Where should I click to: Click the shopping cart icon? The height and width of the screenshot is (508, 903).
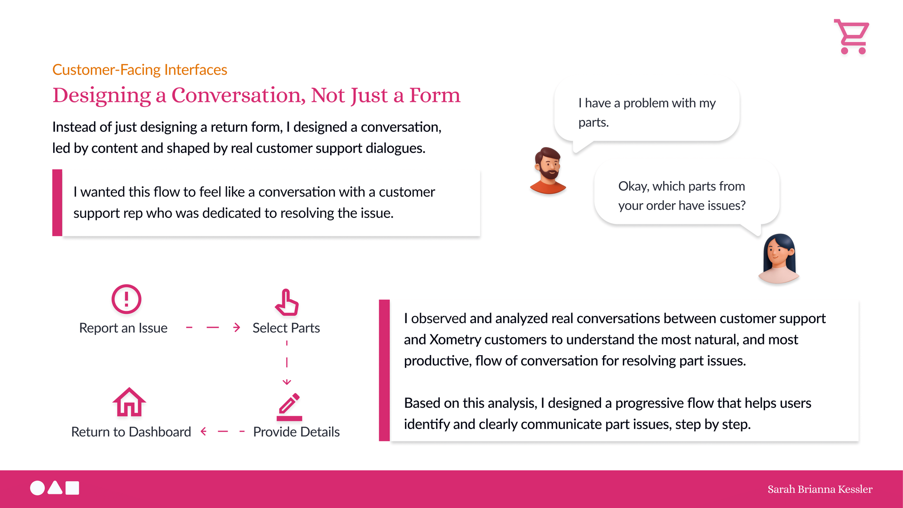point(852,37)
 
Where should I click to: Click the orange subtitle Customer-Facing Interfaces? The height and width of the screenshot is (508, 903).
point(140,70)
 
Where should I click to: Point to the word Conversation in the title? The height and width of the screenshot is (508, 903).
point(238,95)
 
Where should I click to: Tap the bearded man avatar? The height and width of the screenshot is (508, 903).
point(548,170)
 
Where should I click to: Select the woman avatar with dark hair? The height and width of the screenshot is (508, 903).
point(779,259)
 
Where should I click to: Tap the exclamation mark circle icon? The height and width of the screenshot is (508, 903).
point(127,299)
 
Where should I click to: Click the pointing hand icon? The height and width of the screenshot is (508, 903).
point(287,302)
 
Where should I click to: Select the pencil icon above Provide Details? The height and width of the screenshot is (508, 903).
point(289,407)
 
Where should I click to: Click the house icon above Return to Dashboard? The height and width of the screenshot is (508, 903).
point(129,402)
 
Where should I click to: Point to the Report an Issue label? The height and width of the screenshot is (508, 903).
point(123,328)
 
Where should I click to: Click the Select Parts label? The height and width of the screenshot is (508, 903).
point(286,328)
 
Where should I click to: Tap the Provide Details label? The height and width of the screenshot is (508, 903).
point(296,432)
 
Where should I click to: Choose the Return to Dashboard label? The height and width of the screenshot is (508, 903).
point(131,432)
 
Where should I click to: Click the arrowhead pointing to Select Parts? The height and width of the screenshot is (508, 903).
point(237,327)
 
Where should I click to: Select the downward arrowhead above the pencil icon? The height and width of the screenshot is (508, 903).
point(287,382)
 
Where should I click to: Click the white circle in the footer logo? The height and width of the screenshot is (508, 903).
point(38,488)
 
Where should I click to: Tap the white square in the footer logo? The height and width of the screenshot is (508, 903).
point(72,488)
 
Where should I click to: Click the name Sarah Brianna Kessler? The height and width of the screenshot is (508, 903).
point(820,489)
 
